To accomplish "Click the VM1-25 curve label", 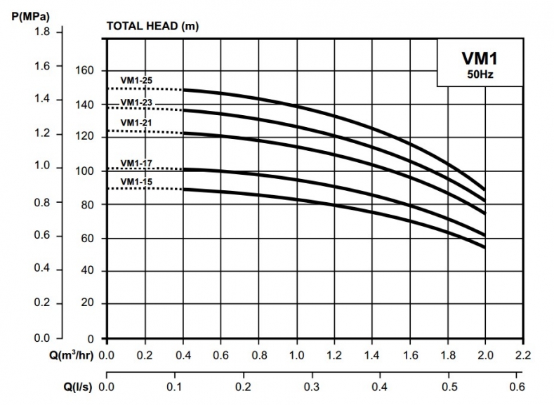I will (136, 81).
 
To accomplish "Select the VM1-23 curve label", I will (136, 102).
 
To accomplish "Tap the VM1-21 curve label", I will (136, 122).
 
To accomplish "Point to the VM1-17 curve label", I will (136, 164).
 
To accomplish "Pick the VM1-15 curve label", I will (136, 182).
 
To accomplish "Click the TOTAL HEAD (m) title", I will (151, 27).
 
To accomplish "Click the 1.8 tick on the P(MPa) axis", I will (44, 32).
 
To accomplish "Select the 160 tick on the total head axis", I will (85, 70).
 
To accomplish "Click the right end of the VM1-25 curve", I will (484, 189).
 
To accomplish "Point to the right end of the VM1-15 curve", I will (484, 246).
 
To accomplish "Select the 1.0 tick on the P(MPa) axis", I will (44, 167).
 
